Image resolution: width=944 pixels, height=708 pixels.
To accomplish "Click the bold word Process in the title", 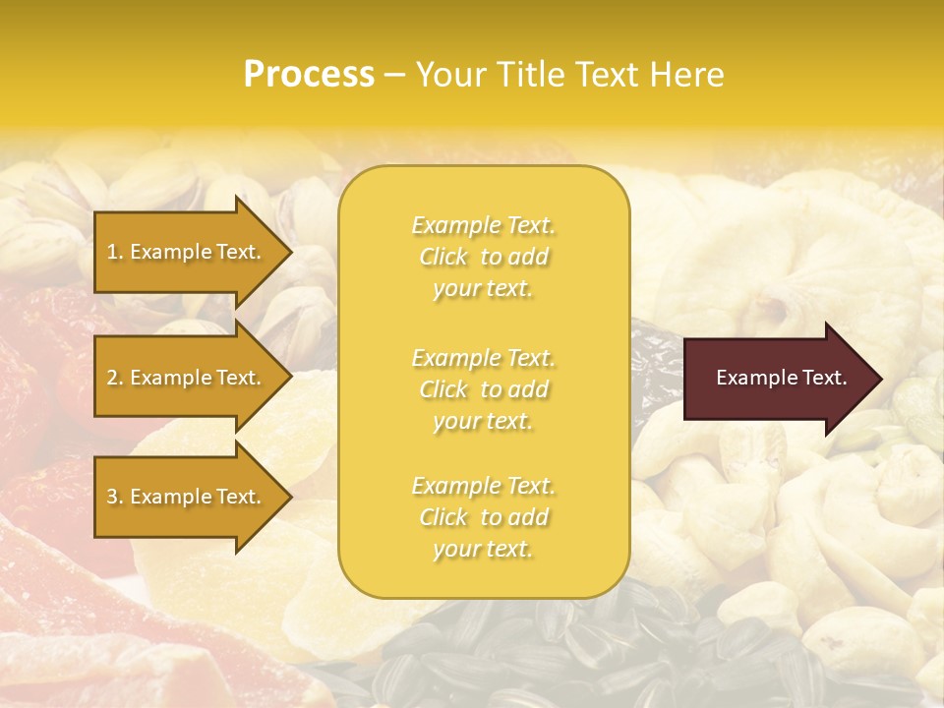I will click(309, 75).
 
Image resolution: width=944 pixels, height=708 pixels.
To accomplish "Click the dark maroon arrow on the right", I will click(777, 378).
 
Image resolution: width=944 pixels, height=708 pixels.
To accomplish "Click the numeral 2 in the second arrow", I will click(112, 378).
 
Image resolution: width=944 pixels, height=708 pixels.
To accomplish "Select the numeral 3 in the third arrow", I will click(112, 497).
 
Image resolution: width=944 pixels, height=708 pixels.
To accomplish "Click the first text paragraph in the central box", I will click(483, 257).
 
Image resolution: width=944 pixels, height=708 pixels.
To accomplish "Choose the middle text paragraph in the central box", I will click(483, 389).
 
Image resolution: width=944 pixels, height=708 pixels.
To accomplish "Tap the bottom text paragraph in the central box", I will click(483, 517).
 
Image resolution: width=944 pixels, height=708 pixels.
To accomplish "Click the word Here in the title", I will click(688, 75).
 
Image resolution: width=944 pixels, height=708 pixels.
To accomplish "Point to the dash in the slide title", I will click(395, 76).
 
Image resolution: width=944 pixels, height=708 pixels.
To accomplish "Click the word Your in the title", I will click(448, 75).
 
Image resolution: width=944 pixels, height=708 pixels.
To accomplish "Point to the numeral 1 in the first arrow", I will click(111, 252).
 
